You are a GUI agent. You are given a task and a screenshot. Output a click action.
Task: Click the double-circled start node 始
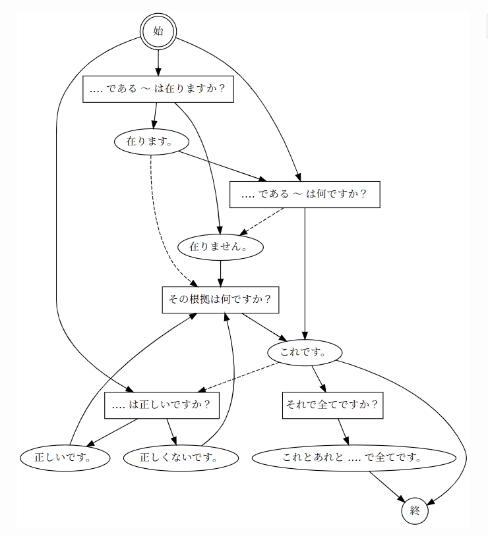point(158,31)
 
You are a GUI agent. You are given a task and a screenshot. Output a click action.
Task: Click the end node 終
point(415,510)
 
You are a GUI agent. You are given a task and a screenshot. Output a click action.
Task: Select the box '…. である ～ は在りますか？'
point(158,90)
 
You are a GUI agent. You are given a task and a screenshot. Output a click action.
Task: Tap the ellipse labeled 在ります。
point(152,142)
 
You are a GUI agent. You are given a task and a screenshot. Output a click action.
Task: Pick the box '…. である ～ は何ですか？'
point(305,194)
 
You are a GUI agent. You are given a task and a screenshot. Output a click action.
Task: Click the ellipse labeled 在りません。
point(220,247)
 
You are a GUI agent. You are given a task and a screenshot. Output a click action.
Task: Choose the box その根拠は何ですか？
point(220,300)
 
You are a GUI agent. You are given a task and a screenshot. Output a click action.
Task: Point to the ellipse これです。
point(305,352)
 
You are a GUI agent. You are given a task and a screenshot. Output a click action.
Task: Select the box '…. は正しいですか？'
point(162,405)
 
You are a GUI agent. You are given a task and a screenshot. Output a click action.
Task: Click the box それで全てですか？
point(333,405)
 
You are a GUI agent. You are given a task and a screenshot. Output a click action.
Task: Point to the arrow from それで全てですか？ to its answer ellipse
point(343,431)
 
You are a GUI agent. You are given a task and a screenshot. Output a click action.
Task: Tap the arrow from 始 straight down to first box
point(158,63)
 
